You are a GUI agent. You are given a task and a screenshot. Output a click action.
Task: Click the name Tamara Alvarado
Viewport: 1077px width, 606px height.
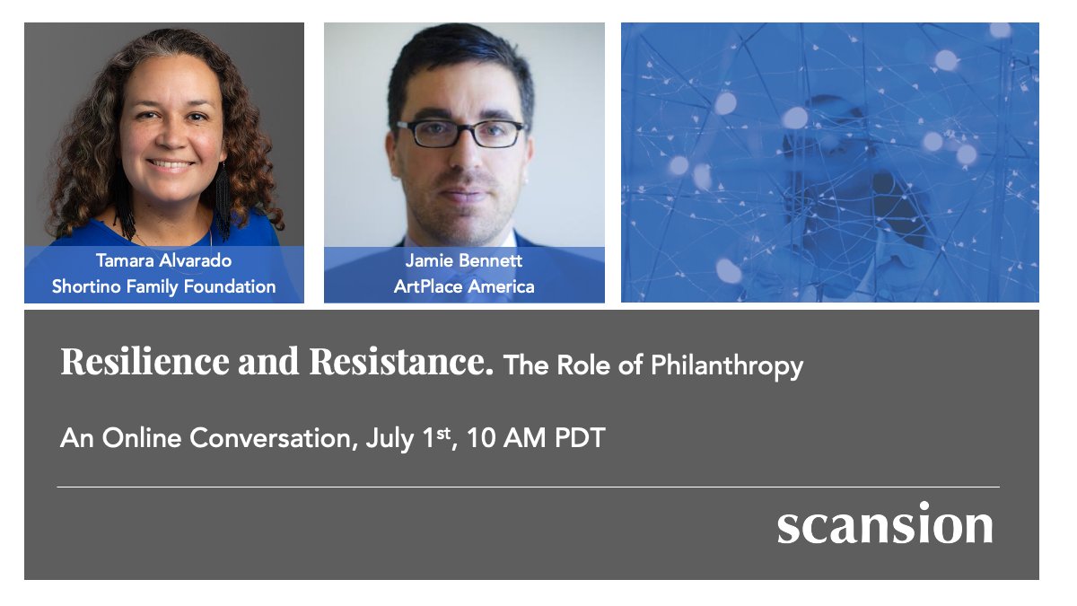(163, 261)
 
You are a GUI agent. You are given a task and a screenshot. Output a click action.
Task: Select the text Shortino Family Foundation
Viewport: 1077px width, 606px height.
(163, 286)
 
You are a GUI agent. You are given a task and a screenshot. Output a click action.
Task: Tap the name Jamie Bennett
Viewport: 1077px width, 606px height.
(464, 261)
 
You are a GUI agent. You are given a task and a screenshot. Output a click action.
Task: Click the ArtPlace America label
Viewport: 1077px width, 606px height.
(464, 286)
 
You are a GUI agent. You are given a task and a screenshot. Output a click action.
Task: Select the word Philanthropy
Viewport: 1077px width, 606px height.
(726, 365)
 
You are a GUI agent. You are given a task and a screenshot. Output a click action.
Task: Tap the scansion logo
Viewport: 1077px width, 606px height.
(885, 524)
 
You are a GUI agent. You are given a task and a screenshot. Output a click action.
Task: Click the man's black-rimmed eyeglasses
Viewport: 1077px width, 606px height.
(461, 134)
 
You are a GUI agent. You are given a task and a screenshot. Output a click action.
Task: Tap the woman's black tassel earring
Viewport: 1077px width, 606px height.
(221, 202)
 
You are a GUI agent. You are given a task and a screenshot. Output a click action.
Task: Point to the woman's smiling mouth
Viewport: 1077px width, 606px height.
(171, 165)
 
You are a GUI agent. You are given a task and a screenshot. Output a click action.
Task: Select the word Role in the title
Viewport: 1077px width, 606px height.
(584, 365)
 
